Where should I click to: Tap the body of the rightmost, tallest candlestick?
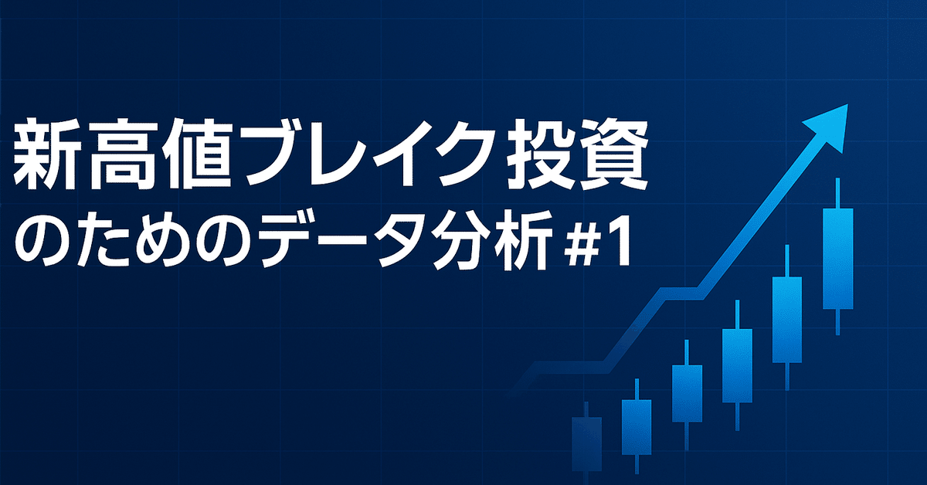pos(837,259)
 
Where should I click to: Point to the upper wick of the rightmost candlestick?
pos(837,193)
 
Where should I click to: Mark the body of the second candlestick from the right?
pos(786,319)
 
